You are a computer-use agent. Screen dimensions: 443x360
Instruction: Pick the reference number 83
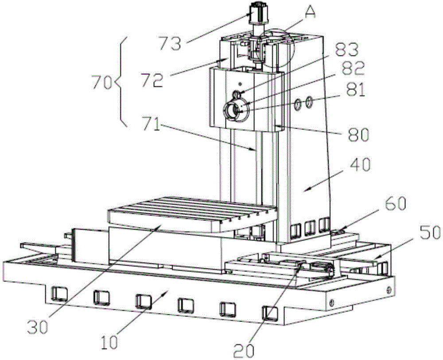[347, 50]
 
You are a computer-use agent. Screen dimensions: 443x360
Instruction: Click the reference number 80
[358, 135]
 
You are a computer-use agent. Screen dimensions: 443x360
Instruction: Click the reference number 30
[38, 327]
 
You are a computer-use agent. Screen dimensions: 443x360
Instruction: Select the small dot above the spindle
[240, 84]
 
